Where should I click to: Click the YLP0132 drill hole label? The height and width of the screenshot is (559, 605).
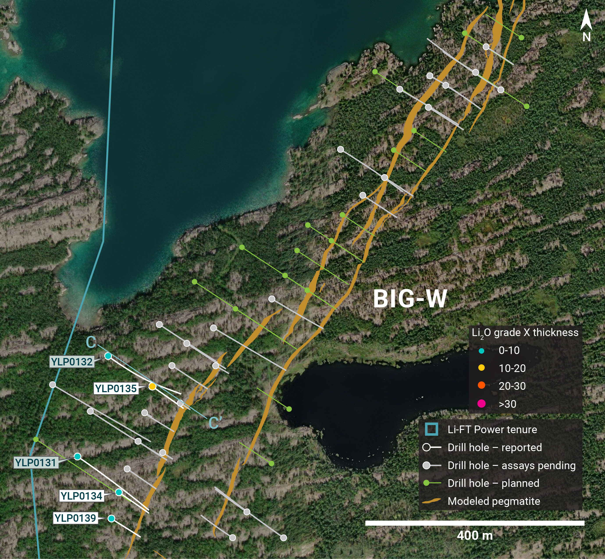click(72, 362)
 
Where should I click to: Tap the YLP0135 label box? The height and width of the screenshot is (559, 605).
click(116, 388)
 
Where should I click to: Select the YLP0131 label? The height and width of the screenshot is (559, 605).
click(36, 463)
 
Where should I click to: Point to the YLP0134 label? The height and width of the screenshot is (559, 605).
click(81, 496)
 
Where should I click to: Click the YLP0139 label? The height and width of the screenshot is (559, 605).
click(75, 518)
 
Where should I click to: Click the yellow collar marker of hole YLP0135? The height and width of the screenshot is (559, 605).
click(152, 386)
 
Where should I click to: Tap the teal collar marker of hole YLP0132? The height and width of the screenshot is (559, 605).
click(108, 356)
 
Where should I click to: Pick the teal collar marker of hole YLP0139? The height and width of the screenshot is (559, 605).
click(111, 518)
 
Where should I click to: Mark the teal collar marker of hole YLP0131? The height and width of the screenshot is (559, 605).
click(77, 456)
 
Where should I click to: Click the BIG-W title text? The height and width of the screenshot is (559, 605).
click(410, 299)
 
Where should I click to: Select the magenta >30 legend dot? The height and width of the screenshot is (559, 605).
click(481, 404)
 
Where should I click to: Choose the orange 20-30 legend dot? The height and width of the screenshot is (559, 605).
click(481, 385)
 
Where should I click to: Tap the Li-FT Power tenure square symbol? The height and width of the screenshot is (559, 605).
click(431, 429)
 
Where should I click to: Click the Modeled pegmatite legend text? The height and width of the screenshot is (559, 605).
click(494, 501)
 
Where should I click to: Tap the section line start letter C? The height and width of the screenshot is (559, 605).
click(91, 342)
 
